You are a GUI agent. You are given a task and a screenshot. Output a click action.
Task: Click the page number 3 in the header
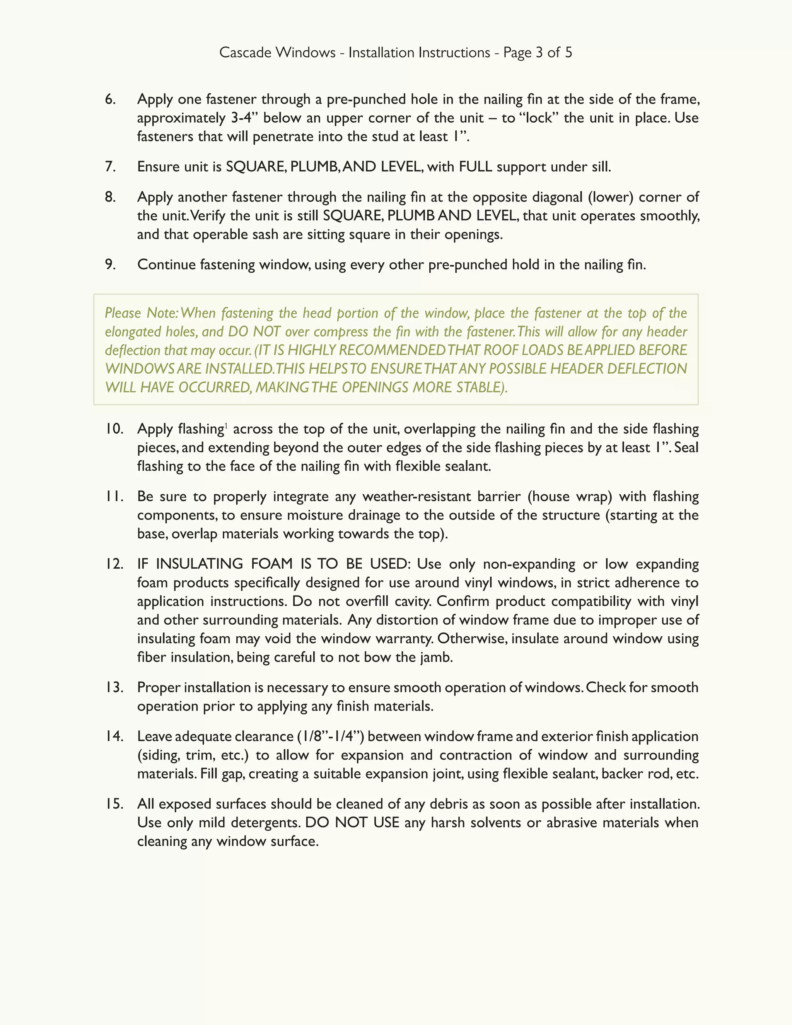(x=539, y=53)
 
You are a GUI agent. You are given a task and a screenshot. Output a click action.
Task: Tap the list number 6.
(x=110, y=99)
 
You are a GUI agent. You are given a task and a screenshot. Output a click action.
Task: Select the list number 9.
(x=110, y=265)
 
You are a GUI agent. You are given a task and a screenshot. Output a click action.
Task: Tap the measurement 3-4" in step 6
(x=245, y=118)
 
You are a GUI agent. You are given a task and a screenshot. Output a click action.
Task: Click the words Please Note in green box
(x=140, y=313)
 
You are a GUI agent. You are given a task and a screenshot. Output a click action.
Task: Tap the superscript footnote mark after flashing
(x=226, y=426)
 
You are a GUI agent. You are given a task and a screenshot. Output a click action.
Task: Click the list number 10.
(x=114, y=429)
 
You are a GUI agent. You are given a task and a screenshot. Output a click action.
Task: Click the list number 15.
(x=114, y=805)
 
